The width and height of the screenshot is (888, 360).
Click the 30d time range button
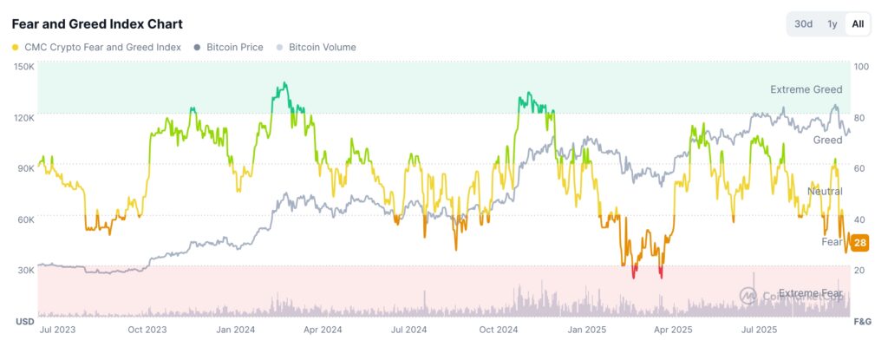[803, 23]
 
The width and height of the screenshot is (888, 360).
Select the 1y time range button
[832, 23]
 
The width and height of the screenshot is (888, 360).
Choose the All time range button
[858, 23]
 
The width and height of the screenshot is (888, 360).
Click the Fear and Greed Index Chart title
[97, 23]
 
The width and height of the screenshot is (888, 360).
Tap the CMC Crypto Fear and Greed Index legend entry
[97, 47]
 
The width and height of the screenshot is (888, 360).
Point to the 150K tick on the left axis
[23, 67]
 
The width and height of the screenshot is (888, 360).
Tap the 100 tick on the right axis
[861, 67]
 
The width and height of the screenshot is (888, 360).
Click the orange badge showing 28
[860, 242]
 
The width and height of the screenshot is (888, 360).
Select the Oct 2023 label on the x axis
[147, 330]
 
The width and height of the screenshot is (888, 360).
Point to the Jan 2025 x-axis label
[584, 330]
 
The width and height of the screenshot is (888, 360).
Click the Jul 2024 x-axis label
[409, 330]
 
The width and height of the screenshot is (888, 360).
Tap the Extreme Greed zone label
[806, 89]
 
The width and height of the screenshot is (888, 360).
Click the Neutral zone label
[824, 191]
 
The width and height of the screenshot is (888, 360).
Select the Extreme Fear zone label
[810, 293]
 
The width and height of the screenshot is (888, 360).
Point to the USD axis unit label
[24, 322]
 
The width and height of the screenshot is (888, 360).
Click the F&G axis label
[862, 322]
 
